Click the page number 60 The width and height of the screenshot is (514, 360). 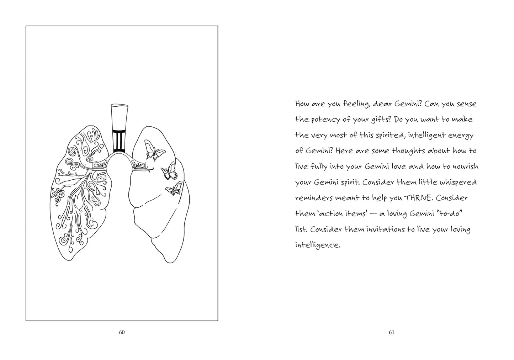pyautogui.click(x=122, y=333)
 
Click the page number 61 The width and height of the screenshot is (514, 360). pyautogui.click(x=391, y=333)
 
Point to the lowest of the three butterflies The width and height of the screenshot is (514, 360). pyautogui.click(x=174, y=189)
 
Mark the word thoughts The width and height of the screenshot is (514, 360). pyautogui.click(x=408, y=151)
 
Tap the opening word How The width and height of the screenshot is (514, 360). pyautogui.click(x=302, y=104)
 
